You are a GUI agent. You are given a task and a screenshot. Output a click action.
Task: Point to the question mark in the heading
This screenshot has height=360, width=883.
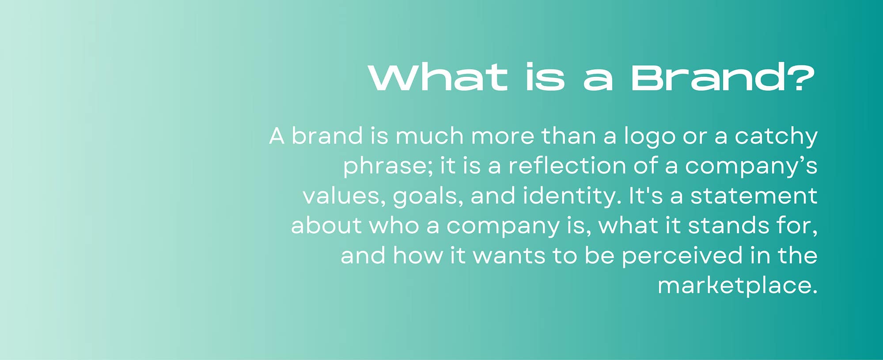(x=799, y=78)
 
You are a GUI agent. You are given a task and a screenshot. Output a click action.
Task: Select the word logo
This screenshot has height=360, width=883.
(x=649, y=137)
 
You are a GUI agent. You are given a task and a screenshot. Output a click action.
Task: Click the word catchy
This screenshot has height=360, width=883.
(x=776, y=137)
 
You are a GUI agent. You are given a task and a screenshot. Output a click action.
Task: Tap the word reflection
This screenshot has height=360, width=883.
(x=567, y=166)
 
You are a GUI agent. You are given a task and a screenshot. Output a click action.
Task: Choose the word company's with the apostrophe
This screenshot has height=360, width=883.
(x=751, y=167)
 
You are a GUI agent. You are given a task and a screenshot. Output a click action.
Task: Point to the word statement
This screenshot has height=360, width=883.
(x=754, y=196)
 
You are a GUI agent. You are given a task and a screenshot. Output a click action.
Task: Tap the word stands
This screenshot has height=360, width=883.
(x=728, y=226)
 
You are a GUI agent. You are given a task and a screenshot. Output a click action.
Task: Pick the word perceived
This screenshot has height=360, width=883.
(x=682, y=256)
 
